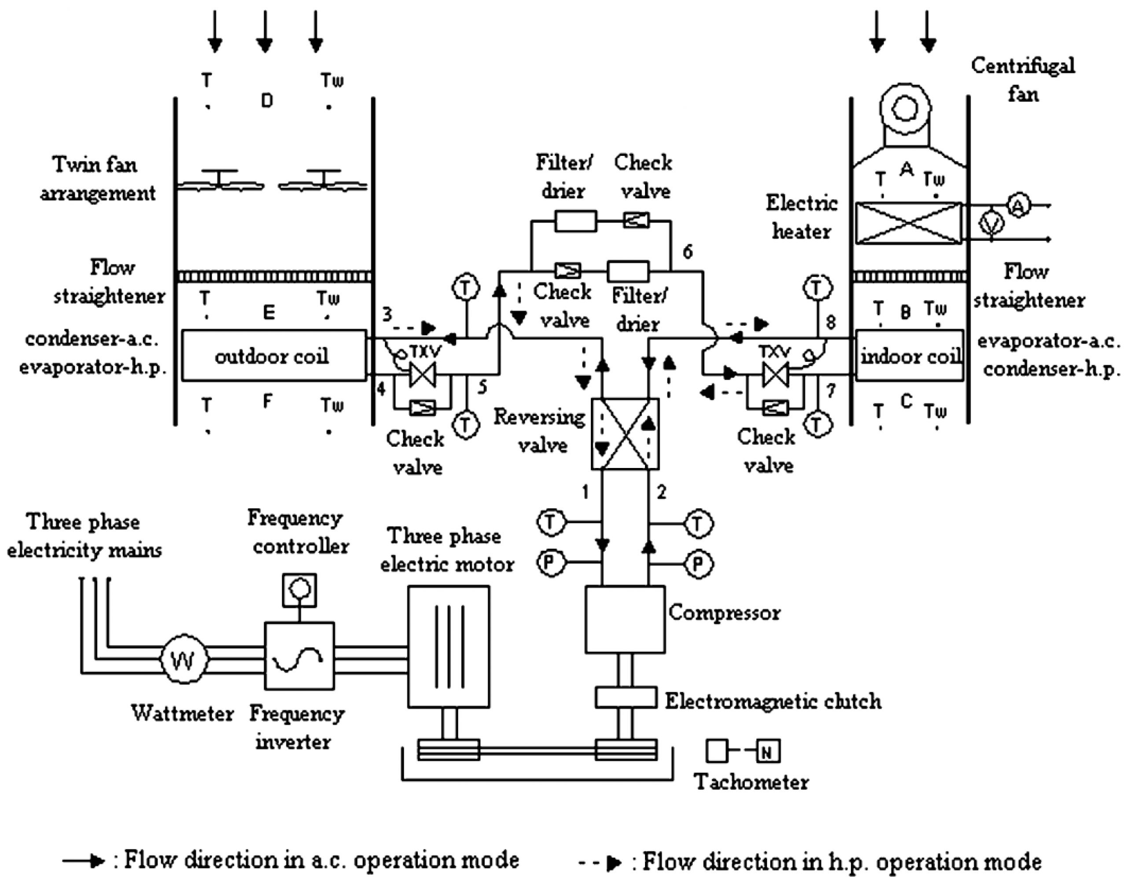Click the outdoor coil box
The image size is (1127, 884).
coord(274,356)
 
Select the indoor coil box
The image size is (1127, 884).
coord(909,356)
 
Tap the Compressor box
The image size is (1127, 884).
coord(625,619)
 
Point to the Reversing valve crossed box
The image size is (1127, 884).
coord(625,434)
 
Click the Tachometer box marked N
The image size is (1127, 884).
coord(767,752)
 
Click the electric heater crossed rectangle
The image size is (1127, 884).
coord(909,223)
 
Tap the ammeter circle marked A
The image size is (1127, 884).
coord(1018,206)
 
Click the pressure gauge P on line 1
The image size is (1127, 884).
coord(550,563)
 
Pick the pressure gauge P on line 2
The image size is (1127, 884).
coord(699,563)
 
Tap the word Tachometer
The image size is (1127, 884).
coord(752,782)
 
